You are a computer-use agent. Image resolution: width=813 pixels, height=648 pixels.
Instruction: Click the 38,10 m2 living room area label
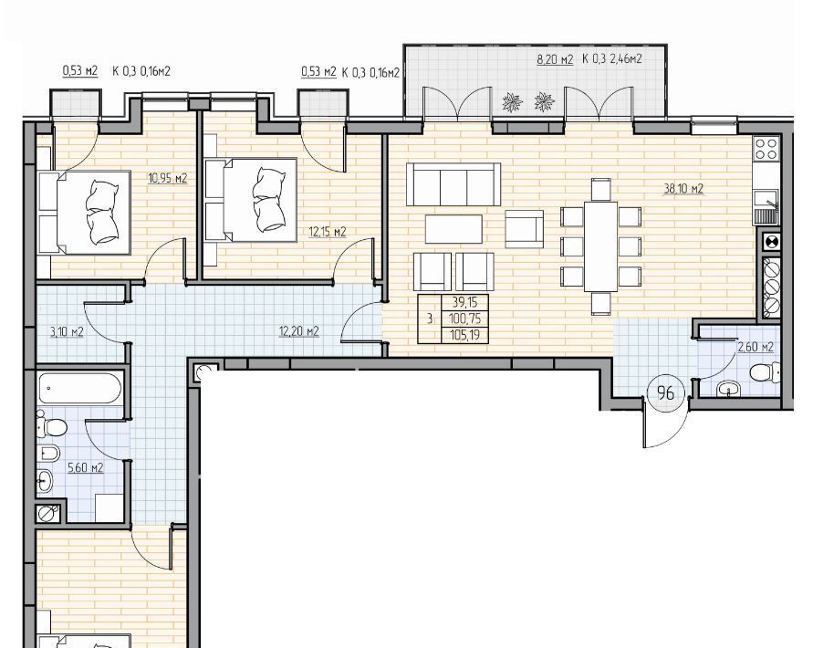(683, 189)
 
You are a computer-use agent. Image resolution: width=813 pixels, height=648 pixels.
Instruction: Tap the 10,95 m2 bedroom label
(168, 179)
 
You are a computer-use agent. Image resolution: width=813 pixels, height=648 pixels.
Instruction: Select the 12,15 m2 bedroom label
(328, 232)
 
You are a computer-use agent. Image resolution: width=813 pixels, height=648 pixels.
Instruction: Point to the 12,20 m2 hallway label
(298, 331)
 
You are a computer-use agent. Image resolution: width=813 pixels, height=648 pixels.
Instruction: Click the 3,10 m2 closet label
(67, 331)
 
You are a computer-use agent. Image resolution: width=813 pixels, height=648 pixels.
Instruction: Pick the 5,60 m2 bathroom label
(86, 468)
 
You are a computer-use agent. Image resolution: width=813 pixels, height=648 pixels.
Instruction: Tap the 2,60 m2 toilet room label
(756, 347)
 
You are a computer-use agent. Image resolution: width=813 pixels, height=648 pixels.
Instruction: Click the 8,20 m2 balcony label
(555, 59)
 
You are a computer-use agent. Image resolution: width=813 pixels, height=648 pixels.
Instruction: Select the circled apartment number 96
(666, 392)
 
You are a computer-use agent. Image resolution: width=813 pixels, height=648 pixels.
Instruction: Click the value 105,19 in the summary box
(464, 335)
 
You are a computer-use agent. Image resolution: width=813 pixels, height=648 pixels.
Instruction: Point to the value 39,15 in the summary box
(464, 302)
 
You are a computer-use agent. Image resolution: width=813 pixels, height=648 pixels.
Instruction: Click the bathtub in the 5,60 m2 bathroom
(80, 388)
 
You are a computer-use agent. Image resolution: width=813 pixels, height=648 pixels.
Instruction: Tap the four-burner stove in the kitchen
(766, 149)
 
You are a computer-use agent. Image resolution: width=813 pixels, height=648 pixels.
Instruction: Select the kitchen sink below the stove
(766, 206)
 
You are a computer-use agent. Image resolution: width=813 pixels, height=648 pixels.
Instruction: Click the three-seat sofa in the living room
(453, 184)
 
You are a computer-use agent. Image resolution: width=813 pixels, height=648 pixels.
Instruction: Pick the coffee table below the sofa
(453, 229)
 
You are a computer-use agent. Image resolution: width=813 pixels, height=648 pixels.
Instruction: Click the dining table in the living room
(601, 246)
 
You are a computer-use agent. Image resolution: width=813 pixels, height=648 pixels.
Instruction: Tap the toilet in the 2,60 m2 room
(766, 372)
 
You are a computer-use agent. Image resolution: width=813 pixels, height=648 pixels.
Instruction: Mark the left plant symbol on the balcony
(513, 102)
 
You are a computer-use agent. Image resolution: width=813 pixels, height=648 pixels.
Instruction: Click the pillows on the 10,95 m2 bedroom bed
(101, 212)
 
